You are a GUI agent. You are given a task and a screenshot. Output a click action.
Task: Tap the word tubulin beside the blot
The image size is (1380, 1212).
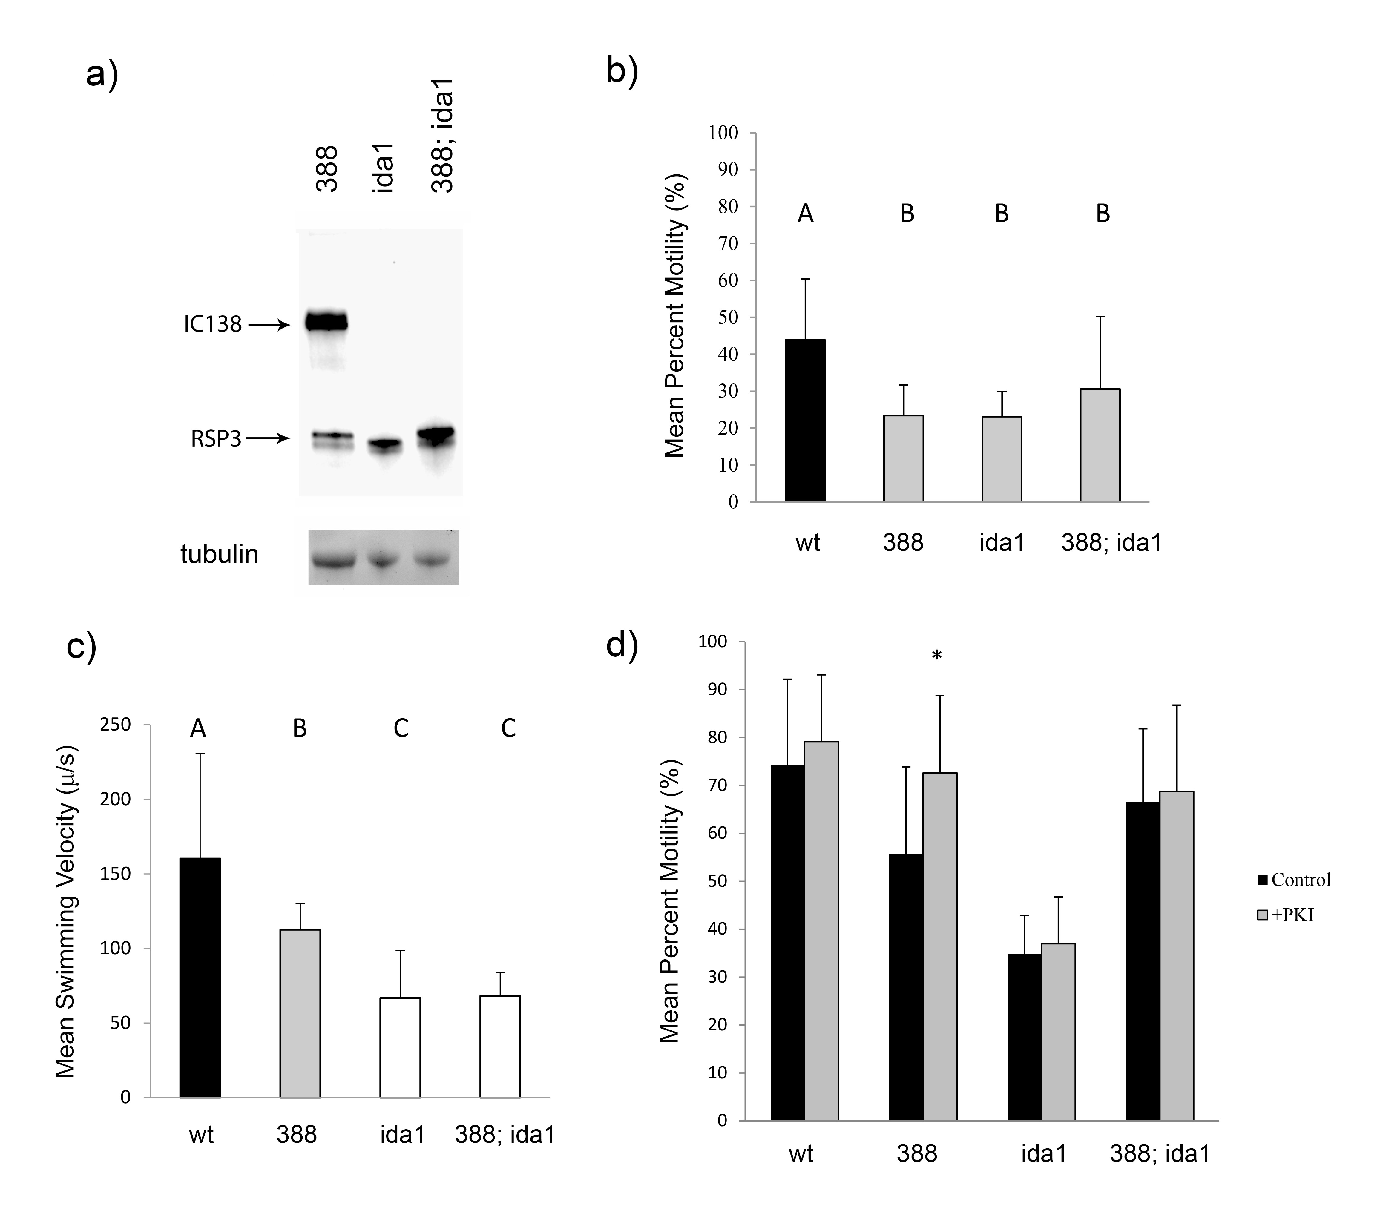pos(220,554)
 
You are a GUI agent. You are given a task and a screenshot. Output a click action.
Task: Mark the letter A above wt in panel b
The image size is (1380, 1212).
pos(805,214)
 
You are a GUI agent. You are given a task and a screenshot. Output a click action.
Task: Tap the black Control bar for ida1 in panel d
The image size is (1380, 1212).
pos(1024,1037)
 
